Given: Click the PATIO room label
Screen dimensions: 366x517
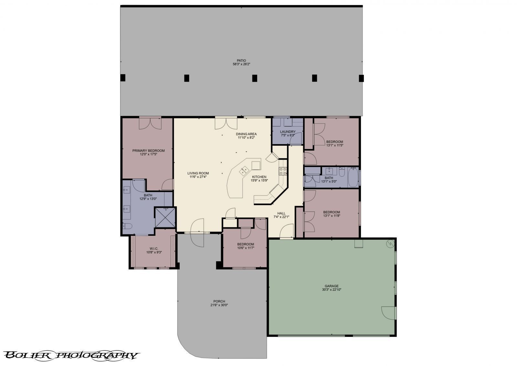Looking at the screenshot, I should (x=241, y=60).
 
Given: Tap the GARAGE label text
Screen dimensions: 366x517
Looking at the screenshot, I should (x=332, y=286).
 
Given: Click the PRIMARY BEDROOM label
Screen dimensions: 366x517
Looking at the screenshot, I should (x=148, y=151).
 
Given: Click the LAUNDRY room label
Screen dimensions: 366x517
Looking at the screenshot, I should (x=288, y=131).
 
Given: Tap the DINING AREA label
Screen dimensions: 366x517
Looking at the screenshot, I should (x=246, y=134).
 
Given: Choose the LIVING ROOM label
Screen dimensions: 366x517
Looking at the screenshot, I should (x=198, y=173).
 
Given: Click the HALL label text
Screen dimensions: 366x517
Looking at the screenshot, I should (x=281, y=213).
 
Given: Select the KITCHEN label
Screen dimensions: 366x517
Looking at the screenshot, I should (x=259, y=177).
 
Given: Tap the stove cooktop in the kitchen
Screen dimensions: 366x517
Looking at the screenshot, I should (x=283, y=171).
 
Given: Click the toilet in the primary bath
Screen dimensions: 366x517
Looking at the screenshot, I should (x=127, y=226).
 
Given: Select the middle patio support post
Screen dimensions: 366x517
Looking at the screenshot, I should (x=255, y=78).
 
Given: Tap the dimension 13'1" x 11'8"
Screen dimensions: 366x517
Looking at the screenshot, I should (x=332, y=216).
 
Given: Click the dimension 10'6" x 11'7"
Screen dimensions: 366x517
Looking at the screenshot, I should (x=246, y=248).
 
